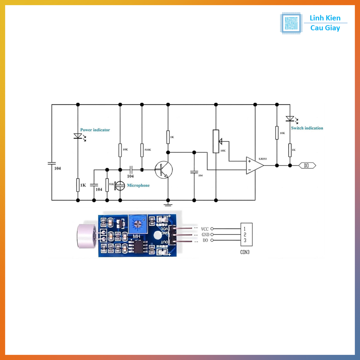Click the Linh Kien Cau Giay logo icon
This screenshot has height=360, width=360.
click(x=291, y=23)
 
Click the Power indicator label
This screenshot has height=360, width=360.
click(x=95, y=130)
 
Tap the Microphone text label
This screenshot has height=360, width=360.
click(x=138, y=185)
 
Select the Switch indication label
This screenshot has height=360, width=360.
click(x=307, y=128)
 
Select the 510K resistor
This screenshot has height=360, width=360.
click(x=142, y=150)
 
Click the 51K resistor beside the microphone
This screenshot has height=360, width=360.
click(x=107, y=185)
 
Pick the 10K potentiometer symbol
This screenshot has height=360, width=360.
click(x=216, y=141)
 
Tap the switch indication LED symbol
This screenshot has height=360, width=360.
click(x=290, y=119)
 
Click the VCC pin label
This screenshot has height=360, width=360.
click(x=205, y=229)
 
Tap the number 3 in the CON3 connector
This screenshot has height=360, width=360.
click(x=245, y=240)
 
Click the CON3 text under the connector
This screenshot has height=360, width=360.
click(x=245, y=252)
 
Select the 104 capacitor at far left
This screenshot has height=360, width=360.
click(x=52, y=163)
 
